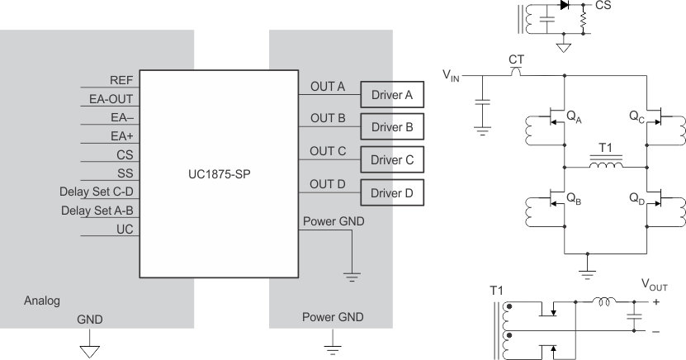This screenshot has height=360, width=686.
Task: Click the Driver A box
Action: (x=392, y=96)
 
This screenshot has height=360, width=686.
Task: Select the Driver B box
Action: (x=392, y=127)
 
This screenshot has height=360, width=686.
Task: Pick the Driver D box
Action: (x=392, y=193)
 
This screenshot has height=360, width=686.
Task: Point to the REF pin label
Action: (x=121, y=80)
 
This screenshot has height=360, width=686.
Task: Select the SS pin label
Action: (x=125, y=173)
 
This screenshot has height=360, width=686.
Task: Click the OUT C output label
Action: (x=328, y=151)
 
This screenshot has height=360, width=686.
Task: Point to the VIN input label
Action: (x=452, y=77)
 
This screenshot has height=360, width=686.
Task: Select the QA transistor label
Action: (x=573, y=117)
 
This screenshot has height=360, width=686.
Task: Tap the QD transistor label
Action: (x=636, y=199)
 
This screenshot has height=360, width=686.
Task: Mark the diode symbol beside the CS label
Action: (x=565, y=5)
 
